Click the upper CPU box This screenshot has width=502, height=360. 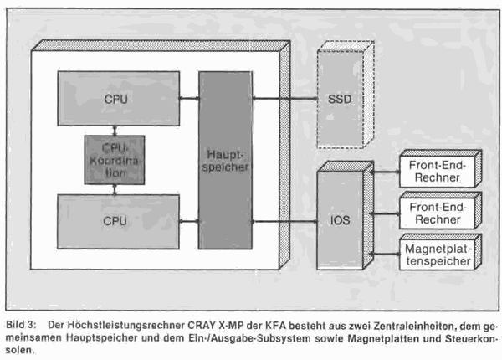[119, 98]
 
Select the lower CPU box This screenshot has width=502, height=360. [118, 221]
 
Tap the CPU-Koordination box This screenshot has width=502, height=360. [115, 160]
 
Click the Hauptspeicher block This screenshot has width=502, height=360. [225, 160]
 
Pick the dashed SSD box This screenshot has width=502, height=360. [346, 95]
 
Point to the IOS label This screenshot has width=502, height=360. [340, 220]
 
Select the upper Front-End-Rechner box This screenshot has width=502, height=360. [441, 168]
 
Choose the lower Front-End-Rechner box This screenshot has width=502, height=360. [441, 210]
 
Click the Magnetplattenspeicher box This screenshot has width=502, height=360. [441, 252]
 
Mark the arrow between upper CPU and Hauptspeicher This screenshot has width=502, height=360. [189, 98]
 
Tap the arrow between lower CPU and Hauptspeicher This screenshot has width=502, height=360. [189, 221]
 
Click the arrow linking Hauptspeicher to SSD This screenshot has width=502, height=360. [285, 99]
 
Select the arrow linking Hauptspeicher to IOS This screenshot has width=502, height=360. [284, 221]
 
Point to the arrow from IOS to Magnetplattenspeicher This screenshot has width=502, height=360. [384, 254]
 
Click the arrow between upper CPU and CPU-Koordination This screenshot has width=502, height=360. [115, 131]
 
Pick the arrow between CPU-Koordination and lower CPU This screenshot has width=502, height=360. [115, 189]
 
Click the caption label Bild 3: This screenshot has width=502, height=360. [21, 325]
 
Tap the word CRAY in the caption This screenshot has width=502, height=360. [202, 325]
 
